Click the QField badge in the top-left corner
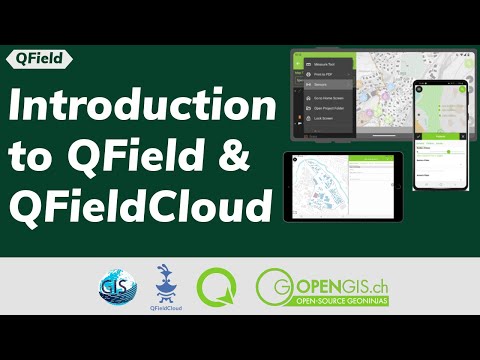point(37,58)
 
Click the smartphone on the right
point(440,135)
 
